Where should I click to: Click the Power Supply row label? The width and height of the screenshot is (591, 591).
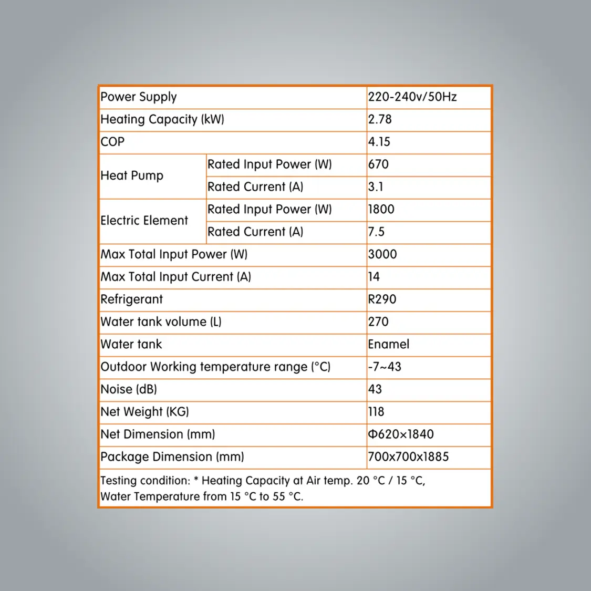tap(139, 97)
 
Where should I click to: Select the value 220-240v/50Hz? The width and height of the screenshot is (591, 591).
tap(412, 97)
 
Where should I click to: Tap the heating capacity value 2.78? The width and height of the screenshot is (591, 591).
tap(380, 120)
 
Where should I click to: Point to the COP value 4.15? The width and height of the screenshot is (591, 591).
tap(379, 142)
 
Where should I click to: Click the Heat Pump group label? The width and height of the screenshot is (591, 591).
tap(132, 175)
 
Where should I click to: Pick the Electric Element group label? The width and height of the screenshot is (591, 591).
tap(144, 221)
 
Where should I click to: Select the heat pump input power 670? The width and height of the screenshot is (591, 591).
tap(378, 164)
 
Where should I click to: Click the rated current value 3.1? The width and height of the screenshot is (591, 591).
tap(376, 187)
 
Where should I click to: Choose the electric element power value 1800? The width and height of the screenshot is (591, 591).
tap(381, 210)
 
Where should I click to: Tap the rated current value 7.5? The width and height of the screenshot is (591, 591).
tap(376, 232)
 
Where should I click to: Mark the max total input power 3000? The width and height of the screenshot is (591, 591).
tap(382, 255)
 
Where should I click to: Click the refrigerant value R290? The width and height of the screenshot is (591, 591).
tap(382, 299)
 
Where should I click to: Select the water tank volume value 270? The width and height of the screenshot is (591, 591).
tap(378, 322)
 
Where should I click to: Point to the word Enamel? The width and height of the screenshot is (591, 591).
tap(388, 345)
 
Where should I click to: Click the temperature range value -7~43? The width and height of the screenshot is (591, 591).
tap(385, 367)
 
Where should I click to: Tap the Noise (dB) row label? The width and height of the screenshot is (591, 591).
tap(129, 390)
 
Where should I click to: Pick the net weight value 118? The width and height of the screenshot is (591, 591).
tap(376, 412)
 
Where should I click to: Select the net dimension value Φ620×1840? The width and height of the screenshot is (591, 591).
tap(401, 434)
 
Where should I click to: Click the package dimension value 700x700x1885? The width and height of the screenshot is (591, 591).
tap(408, 457)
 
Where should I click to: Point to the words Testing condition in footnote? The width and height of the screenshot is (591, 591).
tap(145, 481)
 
